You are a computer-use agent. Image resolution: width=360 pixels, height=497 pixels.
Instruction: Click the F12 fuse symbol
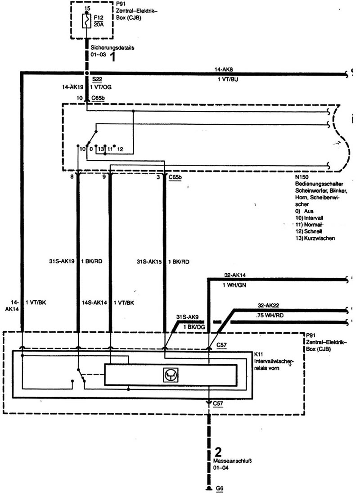click(x=86, y=21)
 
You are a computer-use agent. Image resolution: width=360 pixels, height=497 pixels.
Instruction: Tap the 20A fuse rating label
click(x=99, y=24)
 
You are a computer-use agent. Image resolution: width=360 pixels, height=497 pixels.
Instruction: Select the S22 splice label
click(x=97, y=79)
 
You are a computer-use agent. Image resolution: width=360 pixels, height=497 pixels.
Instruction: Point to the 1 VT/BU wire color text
click(x=228, y=79)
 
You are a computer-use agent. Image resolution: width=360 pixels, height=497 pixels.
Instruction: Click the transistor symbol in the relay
click(x=171, y=375)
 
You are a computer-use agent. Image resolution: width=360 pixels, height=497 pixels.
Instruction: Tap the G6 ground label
click(x=220, y=488)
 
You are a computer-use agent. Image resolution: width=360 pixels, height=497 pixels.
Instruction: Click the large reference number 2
click(x=218, y=452)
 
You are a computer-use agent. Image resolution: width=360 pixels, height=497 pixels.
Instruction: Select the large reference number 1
click(x=112, y=57)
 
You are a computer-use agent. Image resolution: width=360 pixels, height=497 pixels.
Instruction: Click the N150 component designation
click(x=301, y=177)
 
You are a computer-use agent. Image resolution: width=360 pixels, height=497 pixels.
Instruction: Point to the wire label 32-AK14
click(x=235, y=275)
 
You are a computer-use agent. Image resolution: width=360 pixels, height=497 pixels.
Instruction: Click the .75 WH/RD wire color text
click(x=270, y=316)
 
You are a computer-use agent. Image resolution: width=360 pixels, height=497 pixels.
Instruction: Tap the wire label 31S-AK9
click(x=187, y=317)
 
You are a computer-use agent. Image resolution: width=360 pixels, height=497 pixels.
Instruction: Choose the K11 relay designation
click(x=259, y=354)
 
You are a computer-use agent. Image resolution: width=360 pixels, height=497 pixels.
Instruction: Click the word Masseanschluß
click(x=232, y=461)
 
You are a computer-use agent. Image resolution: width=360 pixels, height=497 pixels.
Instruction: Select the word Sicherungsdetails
click(x=112, y=48)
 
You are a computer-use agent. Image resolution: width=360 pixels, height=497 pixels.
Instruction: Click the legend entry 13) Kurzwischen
click(x=315, y=238)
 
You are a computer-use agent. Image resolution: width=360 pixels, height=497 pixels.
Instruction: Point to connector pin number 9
click(x=104, y=177)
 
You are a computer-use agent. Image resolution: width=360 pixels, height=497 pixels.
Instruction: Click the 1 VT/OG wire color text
click(x=101, y=87)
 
